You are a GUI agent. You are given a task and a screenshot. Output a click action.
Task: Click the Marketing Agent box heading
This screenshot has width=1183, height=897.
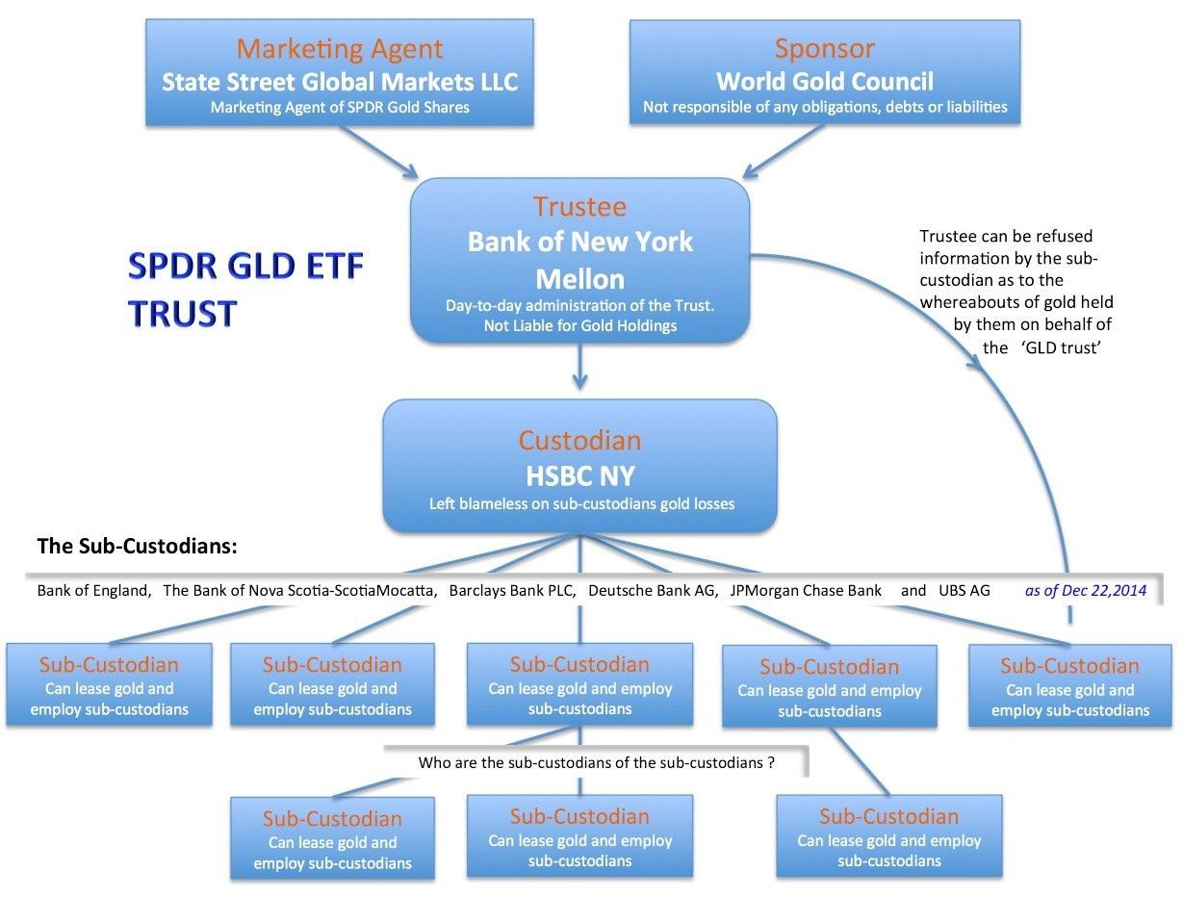[x=340, y=48]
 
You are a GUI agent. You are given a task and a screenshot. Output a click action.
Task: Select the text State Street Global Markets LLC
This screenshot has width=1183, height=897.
[x=340, y=81]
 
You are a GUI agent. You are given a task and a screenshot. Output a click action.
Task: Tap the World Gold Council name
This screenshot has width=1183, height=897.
[x=825, y=81]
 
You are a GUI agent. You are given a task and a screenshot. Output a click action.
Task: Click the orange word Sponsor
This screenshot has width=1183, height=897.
[x=825, y=48]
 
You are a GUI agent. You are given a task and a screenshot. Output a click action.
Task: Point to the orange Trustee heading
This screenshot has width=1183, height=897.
[x=579, y=207]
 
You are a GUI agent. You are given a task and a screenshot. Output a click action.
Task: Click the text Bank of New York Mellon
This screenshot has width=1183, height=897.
[x=579, y=260]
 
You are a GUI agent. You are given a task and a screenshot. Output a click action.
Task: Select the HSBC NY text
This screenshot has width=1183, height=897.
[x=579, y=475]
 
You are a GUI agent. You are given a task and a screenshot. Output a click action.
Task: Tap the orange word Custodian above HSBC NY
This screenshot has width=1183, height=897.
[x=579, y=441]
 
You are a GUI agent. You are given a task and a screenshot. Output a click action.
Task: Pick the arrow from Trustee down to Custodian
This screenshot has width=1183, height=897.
[x=579, y=369]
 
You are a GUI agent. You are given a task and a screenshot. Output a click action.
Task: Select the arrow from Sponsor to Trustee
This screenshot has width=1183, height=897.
[x=784, y=151]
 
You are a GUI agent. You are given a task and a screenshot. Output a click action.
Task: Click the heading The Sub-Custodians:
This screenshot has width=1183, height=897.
[x=137, y=547]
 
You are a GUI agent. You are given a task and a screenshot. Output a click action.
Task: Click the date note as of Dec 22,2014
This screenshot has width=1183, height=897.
[x=1086, y=590]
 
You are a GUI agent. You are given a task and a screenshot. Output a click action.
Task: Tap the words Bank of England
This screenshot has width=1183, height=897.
[x=93, y=590]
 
